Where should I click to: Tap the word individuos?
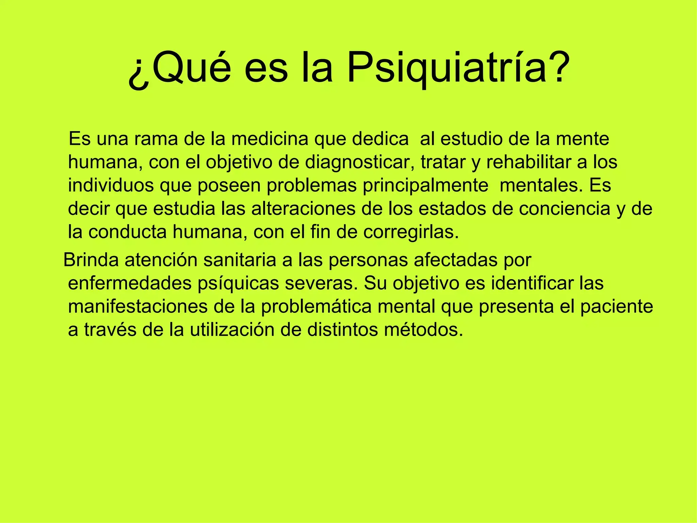pos(111,186)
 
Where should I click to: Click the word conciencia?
pos(565,209)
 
